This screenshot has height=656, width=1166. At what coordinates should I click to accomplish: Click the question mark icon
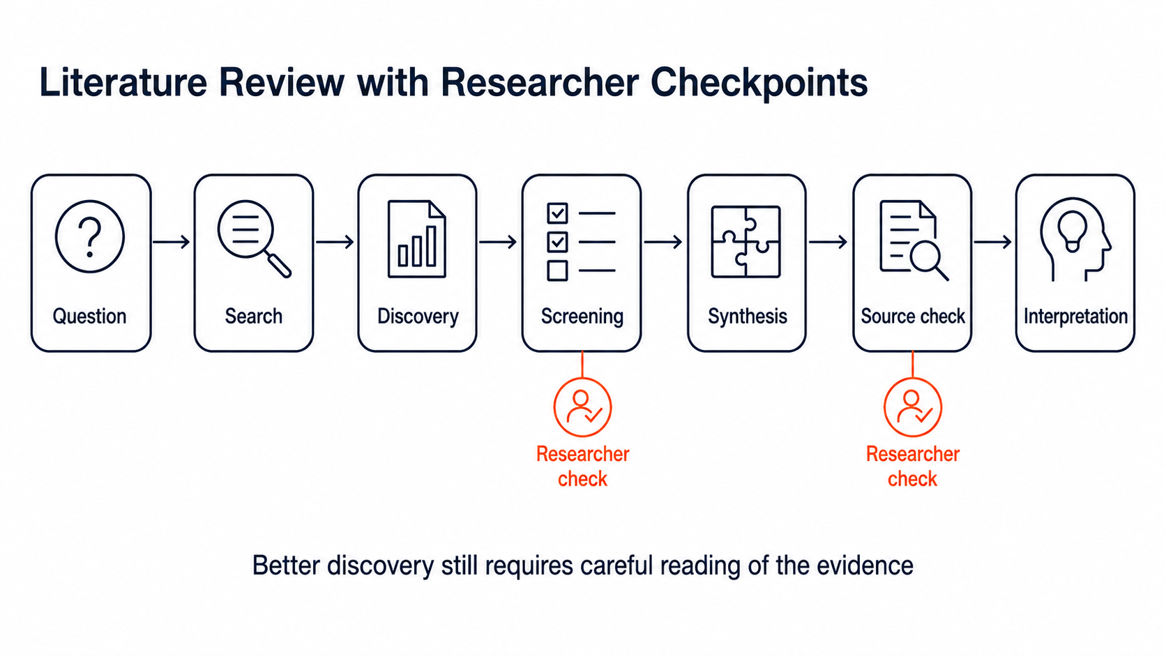pyautogui.click(x=90, y=237)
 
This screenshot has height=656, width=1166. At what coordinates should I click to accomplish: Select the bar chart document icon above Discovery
pyautogui.click(x=417, y=239)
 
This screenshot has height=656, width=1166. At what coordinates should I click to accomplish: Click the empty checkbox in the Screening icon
pyautogui.click(x=557, y=270)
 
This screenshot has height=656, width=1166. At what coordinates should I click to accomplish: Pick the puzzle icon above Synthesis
pyautogui.click(x=746, y=241)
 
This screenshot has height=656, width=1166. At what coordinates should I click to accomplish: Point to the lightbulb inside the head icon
pyautogui.click(x=1073, y=232)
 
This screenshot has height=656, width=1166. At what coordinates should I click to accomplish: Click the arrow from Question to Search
pyautogui.click(x=172, y=242)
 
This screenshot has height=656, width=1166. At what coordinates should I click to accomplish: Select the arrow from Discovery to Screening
pyautogui.click(x=498, y=242)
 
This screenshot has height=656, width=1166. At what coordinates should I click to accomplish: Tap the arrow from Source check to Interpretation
pyautogui.click(x=992, y=242)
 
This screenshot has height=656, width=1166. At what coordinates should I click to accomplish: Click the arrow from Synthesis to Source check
pyautogui.click(x=828, y=242)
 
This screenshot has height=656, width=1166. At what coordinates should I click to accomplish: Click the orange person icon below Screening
pyautogui.click(x=582, y=407)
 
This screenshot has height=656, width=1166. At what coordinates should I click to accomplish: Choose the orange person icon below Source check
pyautogui.click(x=912, y=407)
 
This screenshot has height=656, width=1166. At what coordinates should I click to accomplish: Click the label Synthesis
pyautogui.click(x=747, y=316)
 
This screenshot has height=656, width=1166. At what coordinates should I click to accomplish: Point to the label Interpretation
pyautogui.click(x=1075, y=316)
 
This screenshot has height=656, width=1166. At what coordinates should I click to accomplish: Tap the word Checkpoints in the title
pyautogui.click(x=759, y=83)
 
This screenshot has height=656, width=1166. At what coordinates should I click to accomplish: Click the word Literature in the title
pyautogui.click(x=123, y=83)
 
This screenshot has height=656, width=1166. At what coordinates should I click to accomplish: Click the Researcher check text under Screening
pyautogui.click(x=582, y=466)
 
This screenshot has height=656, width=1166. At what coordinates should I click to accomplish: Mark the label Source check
pyautogui.click(x=912, y=316)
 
